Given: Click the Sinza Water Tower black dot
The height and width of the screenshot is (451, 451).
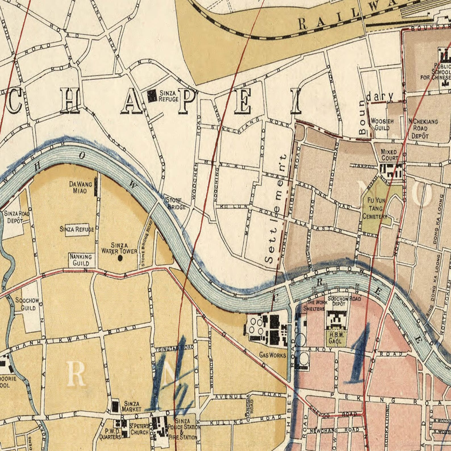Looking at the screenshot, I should point(120,258).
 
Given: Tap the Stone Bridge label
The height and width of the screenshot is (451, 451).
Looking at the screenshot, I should point(176,203).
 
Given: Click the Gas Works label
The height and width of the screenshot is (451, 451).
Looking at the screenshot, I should point(272,355).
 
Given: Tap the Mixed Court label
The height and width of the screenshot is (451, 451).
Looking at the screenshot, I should point(389,155).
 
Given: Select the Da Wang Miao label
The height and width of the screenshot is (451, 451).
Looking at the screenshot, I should point(80,187).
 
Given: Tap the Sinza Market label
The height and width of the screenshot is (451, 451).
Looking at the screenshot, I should point(131,406).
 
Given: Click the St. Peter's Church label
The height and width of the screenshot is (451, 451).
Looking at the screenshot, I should point(139,429).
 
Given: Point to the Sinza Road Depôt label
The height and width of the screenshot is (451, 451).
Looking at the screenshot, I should point(16,217).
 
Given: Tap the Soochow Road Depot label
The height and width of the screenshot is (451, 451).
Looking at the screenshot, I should point(344,301).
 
